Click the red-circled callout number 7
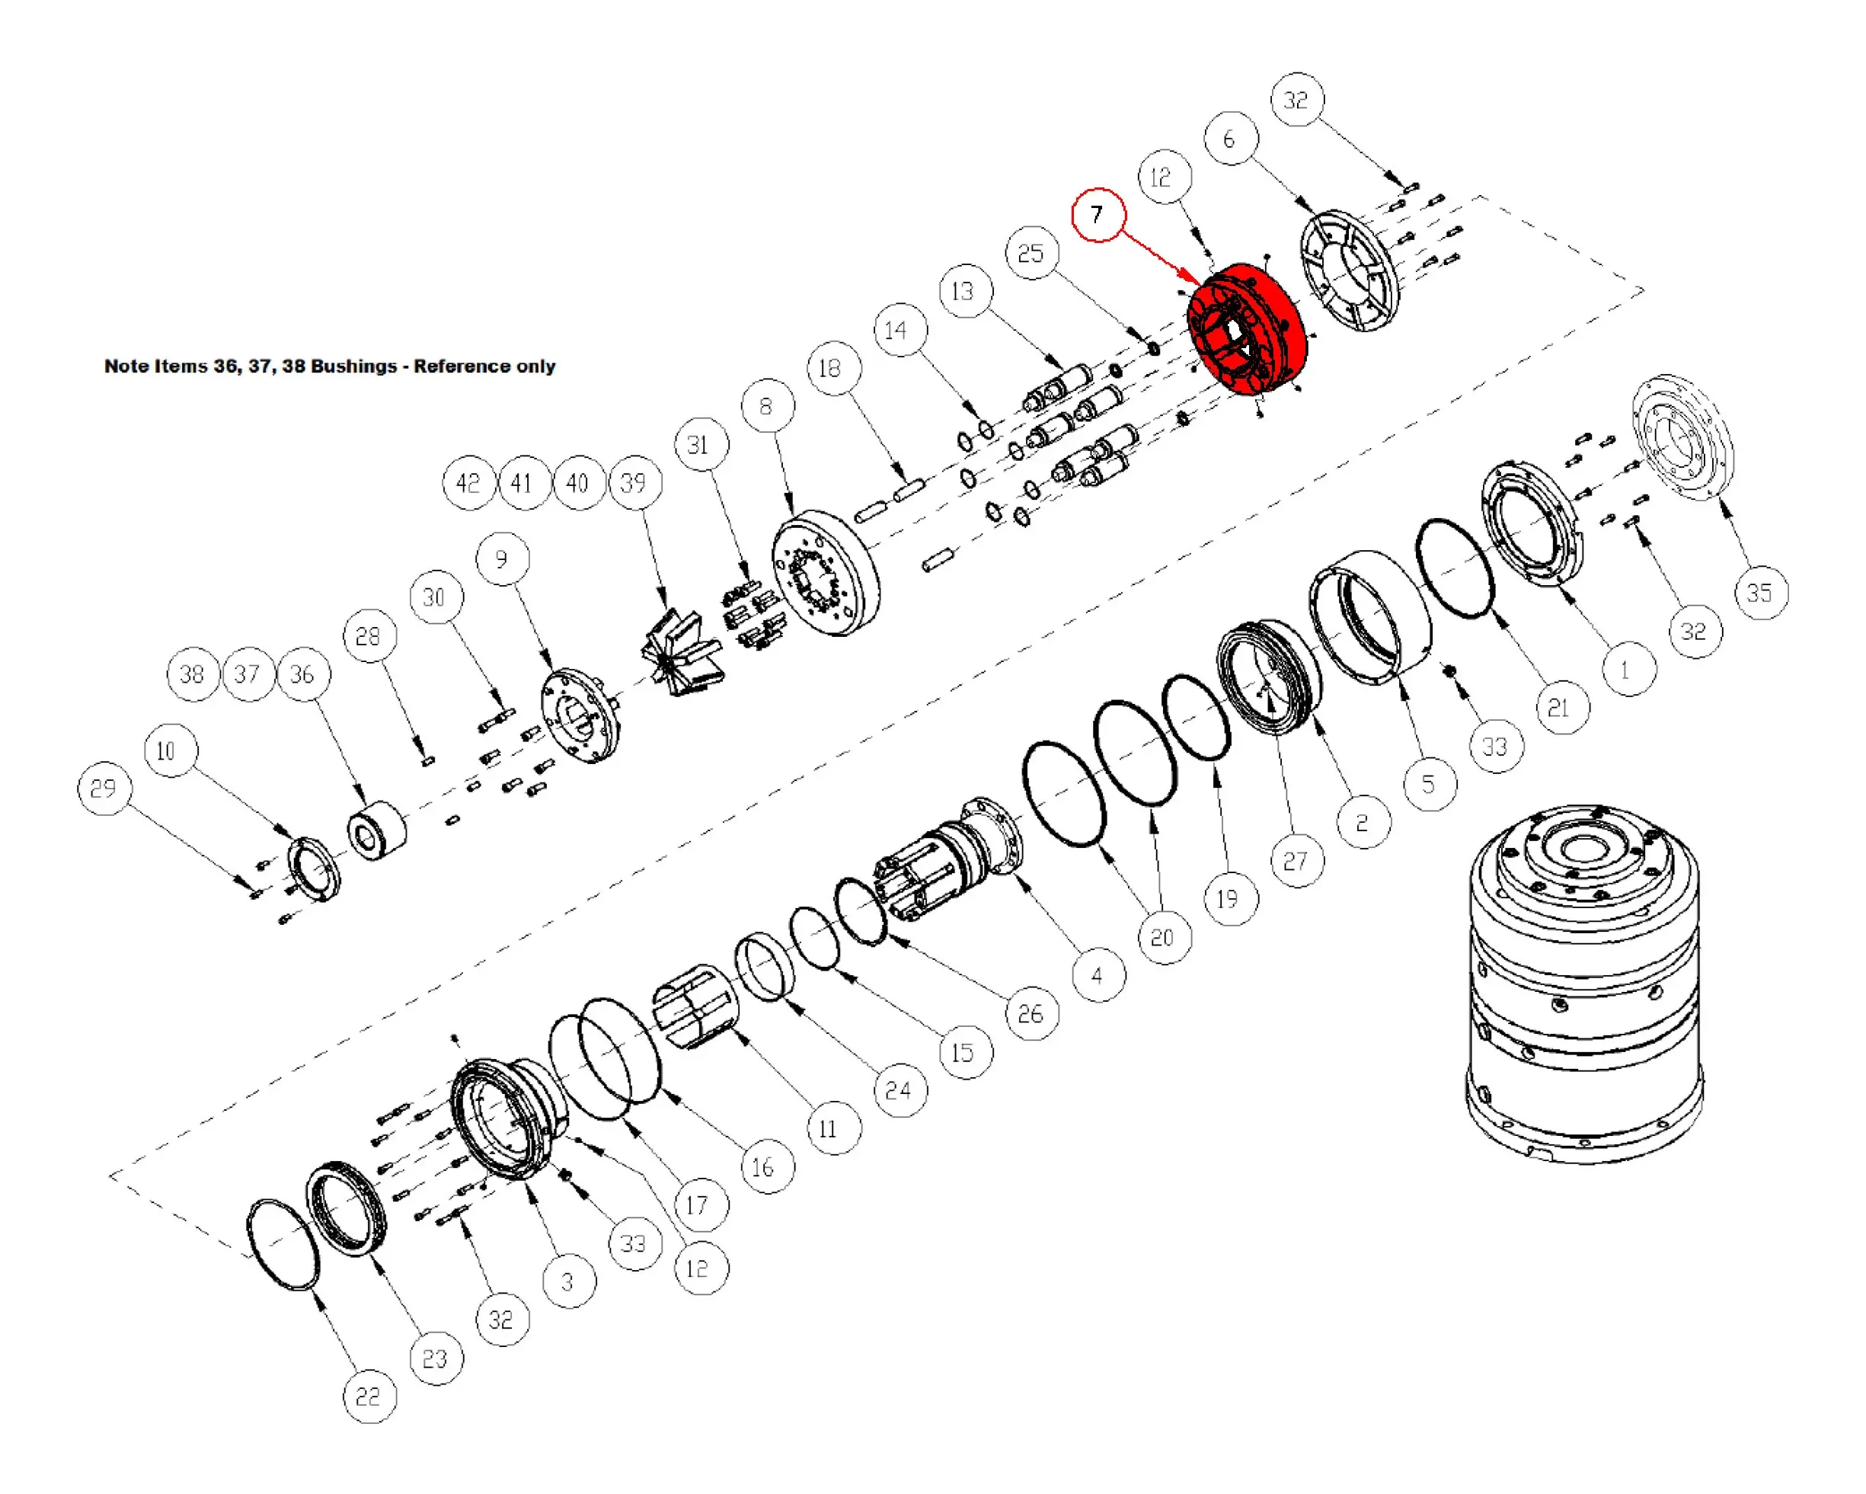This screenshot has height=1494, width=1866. pos(1098,214)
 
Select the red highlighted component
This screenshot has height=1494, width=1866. pos(1246,329)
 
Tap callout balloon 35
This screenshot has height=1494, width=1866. pos(1759,593)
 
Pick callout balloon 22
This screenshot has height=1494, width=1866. pos(369,1396)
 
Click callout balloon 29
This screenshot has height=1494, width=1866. pos(104,789)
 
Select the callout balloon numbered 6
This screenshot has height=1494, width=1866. pos(1230,139)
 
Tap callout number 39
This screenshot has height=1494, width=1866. pos(634,483)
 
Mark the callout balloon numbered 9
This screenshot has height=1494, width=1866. pos(502,559)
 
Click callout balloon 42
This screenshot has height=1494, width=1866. pos(468,483)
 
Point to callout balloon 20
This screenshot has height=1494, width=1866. pos(1162,937)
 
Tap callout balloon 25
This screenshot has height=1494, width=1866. pos(1030,254)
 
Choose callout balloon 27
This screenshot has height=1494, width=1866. pos(1296,861)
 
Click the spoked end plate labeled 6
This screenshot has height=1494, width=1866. pos(1350,270)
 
